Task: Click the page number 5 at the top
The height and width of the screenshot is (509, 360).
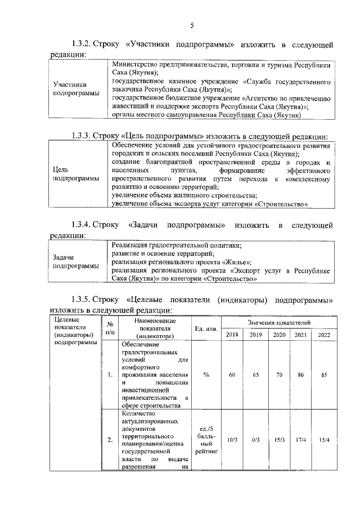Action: pos(191,25)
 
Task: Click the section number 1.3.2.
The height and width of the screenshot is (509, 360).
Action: pos(81,44)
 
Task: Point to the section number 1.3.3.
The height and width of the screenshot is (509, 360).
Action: pos(81,136)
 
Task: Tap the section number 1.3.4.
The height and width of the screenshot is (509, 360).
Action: pos(81,225)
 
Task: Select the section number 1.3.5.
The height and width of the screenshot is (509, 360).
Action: pos(81,299)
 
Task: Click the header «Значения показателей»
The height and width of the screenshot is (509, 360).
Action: pos(278,322)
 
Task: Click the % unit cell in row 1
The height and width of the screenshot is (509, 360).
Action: pos(206,375)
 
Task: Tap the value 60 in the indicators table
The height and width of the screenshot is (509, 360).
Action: pos(232,375)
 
